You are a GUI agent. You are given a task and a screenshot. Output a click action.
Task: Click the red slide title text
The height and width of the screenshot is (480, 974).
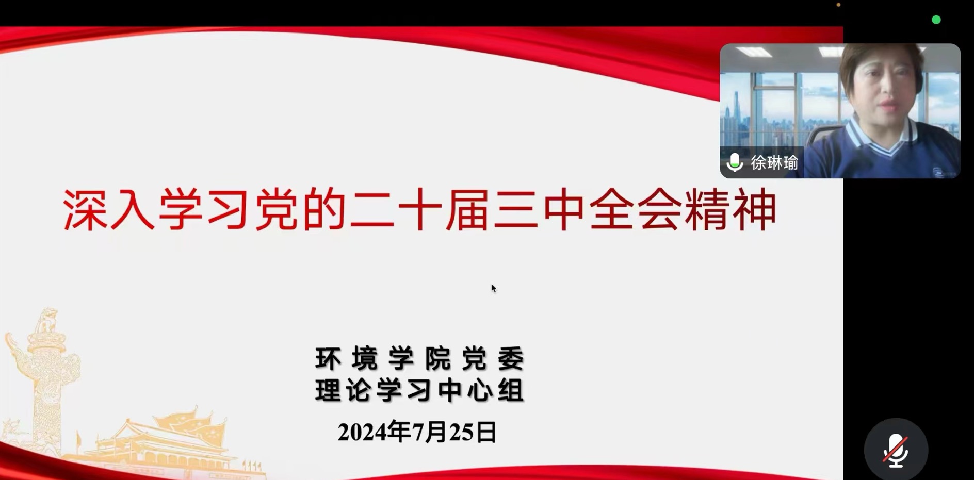pos(419,210)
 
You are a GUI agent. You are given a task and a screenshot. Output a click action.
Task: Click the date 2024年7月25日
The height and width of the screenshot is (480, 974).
pos(417,432)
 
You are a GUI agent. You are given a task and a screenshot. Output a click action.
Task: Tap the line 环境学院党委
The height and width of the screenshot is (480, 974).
pos(419,358)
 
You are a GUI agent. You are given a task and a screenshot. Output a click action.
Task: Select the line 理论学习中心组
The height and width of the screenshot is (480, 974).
pos(419,390)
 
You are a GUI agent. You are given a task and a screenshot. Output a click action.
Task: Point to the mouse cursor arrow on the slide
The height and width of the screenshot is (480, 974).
pos(493,288)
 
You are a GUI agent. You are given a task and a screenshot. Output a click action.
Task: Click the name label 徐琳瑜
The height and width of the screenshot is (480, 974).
pos(774,163)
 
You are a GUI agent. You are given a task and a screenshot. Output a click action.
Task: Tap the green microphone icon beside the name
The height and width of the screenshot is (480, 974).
pos(734,163)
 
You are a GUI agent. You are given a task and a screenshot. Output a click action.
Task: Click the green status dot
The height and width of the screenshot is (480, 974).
pos(936,20)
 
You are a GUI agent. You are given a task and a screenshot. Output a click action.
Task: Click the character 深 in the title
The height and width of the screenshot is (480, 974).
pos(85,210)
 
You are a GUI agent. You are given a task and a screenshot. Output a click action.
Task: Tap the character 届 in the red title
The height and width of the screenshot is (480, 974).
pos(466,210)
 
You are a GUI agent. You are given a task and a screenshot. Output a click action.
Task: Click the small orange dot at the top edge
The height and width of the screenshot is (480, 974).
pos(838,5)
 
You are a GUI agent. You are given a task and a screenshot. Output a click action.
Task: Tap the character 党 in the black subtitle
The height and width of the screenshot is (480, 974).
pos(474,358)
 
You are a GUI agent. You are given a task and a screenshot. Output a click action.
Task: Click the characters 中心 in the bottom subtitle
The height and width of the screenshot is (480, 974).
pos(465,390)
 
